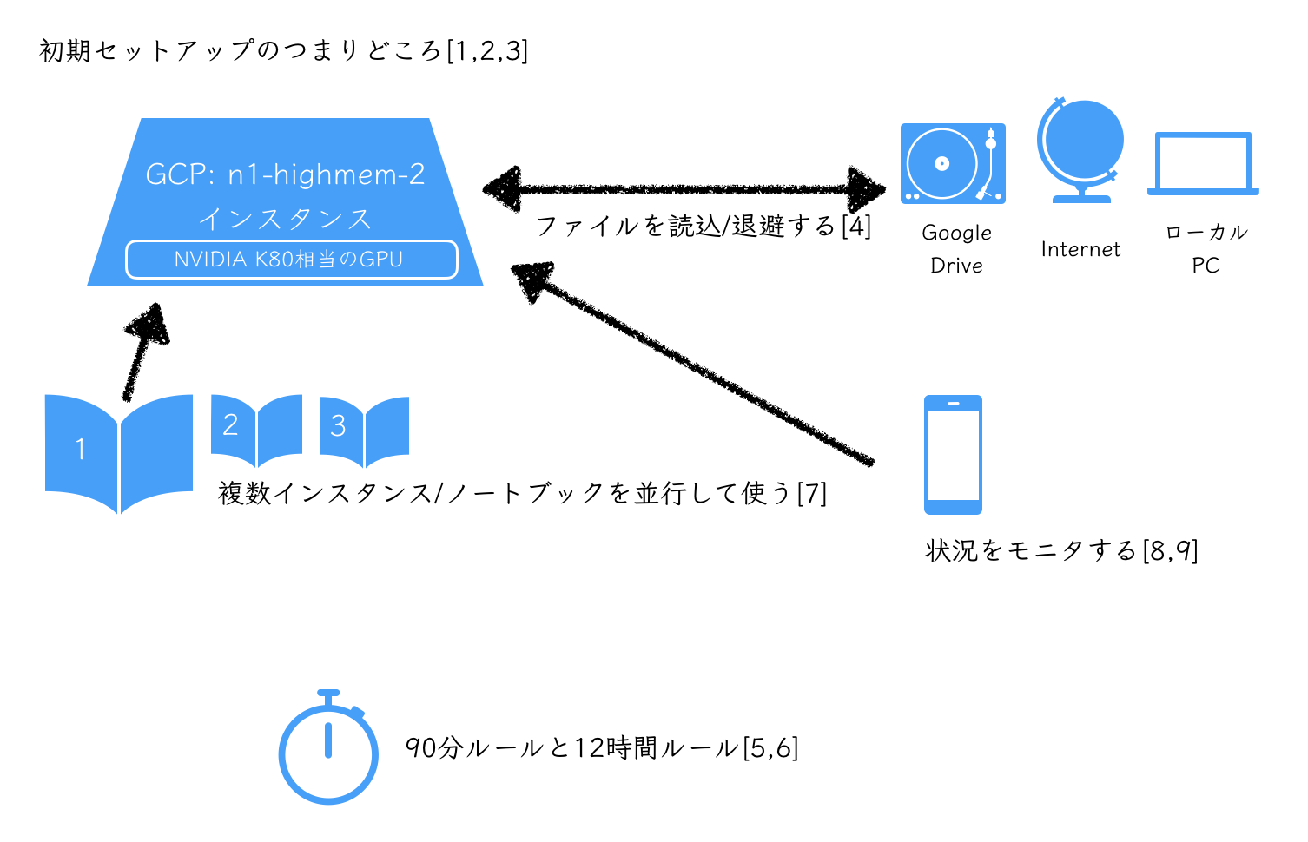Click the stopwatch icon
click(x=328, y=750)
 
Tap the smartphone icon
click(x=953, y=454)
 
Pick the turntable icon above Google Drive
click(x=953, y=163)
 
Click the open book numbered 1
click(x=119, y=451)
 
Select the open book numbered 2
click(x=256, y=429)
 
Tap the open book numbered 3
click(x=365, y=430)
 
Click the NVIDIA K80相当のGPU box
click(x=292, y=260)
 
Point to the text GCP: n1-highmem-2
click(x=285, y=174)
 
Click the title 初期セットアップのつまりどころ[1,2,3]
click(x=283, y=50)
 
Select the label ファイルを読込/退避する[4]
click(x=704, y=227)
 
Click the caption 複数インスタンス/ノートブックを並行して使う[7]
click(x=522, y=493)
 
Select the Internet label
click(x=1080, y=250)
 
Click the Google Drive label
click(x=956, y=249)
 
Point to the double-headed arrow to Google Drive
click(x=684, y=187)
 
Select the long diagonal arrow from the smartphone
click(x=695, y=365)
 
